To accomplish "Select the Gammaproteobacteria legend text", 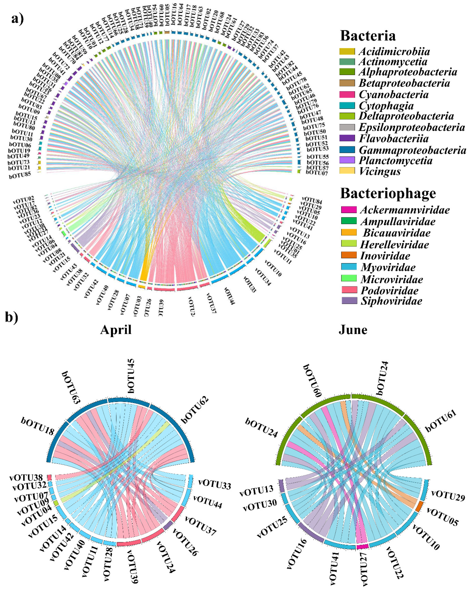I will point(412,150).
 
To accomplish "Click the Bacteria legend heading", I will point(368,36).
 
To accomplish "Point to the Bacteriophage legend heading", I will point(388,194).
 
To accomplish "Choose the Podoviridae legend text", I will point(389,290).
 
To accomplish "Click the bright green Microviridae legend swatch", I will point(349,278).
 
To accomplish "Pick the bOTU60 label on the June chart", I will point(312,380).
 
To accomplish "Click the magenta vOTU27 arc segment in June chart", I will point(362,547).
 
